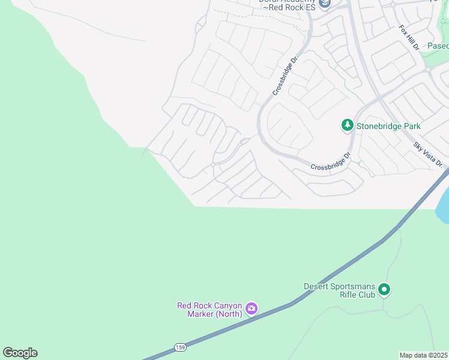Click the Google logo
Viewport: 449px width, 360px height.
click(x=20, y=353)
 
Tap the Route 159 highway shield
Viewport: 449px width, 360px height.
click(x=180, y=347)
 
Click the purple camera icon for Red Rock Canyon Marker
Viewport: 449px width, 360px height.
click(x=252, y=309)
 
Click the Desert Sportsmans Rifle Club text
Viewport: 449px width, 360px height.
click(x=339, y=290)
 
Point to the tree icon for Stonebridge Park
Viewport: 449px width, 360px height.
click(x=347, y=125)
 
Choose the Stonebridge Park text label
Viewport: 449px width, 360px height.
click(x=388, y=126)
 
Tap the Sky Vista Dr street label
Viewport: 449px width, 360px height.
click(x=428, y=155)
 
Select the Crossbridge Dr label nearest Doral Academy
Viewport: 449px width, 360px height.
click(x=285, y=76)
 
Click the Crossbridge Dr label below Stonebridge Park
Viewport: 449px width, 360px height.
click(x=330, y=162)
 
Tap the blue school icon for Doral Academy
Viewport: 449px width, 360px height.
click(x=325, y=4)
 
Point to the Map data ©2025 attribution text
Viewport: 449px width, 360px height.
click(x=424, y=355)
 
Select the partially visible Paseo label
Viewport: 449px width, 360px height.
click(x=438, y=46)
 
